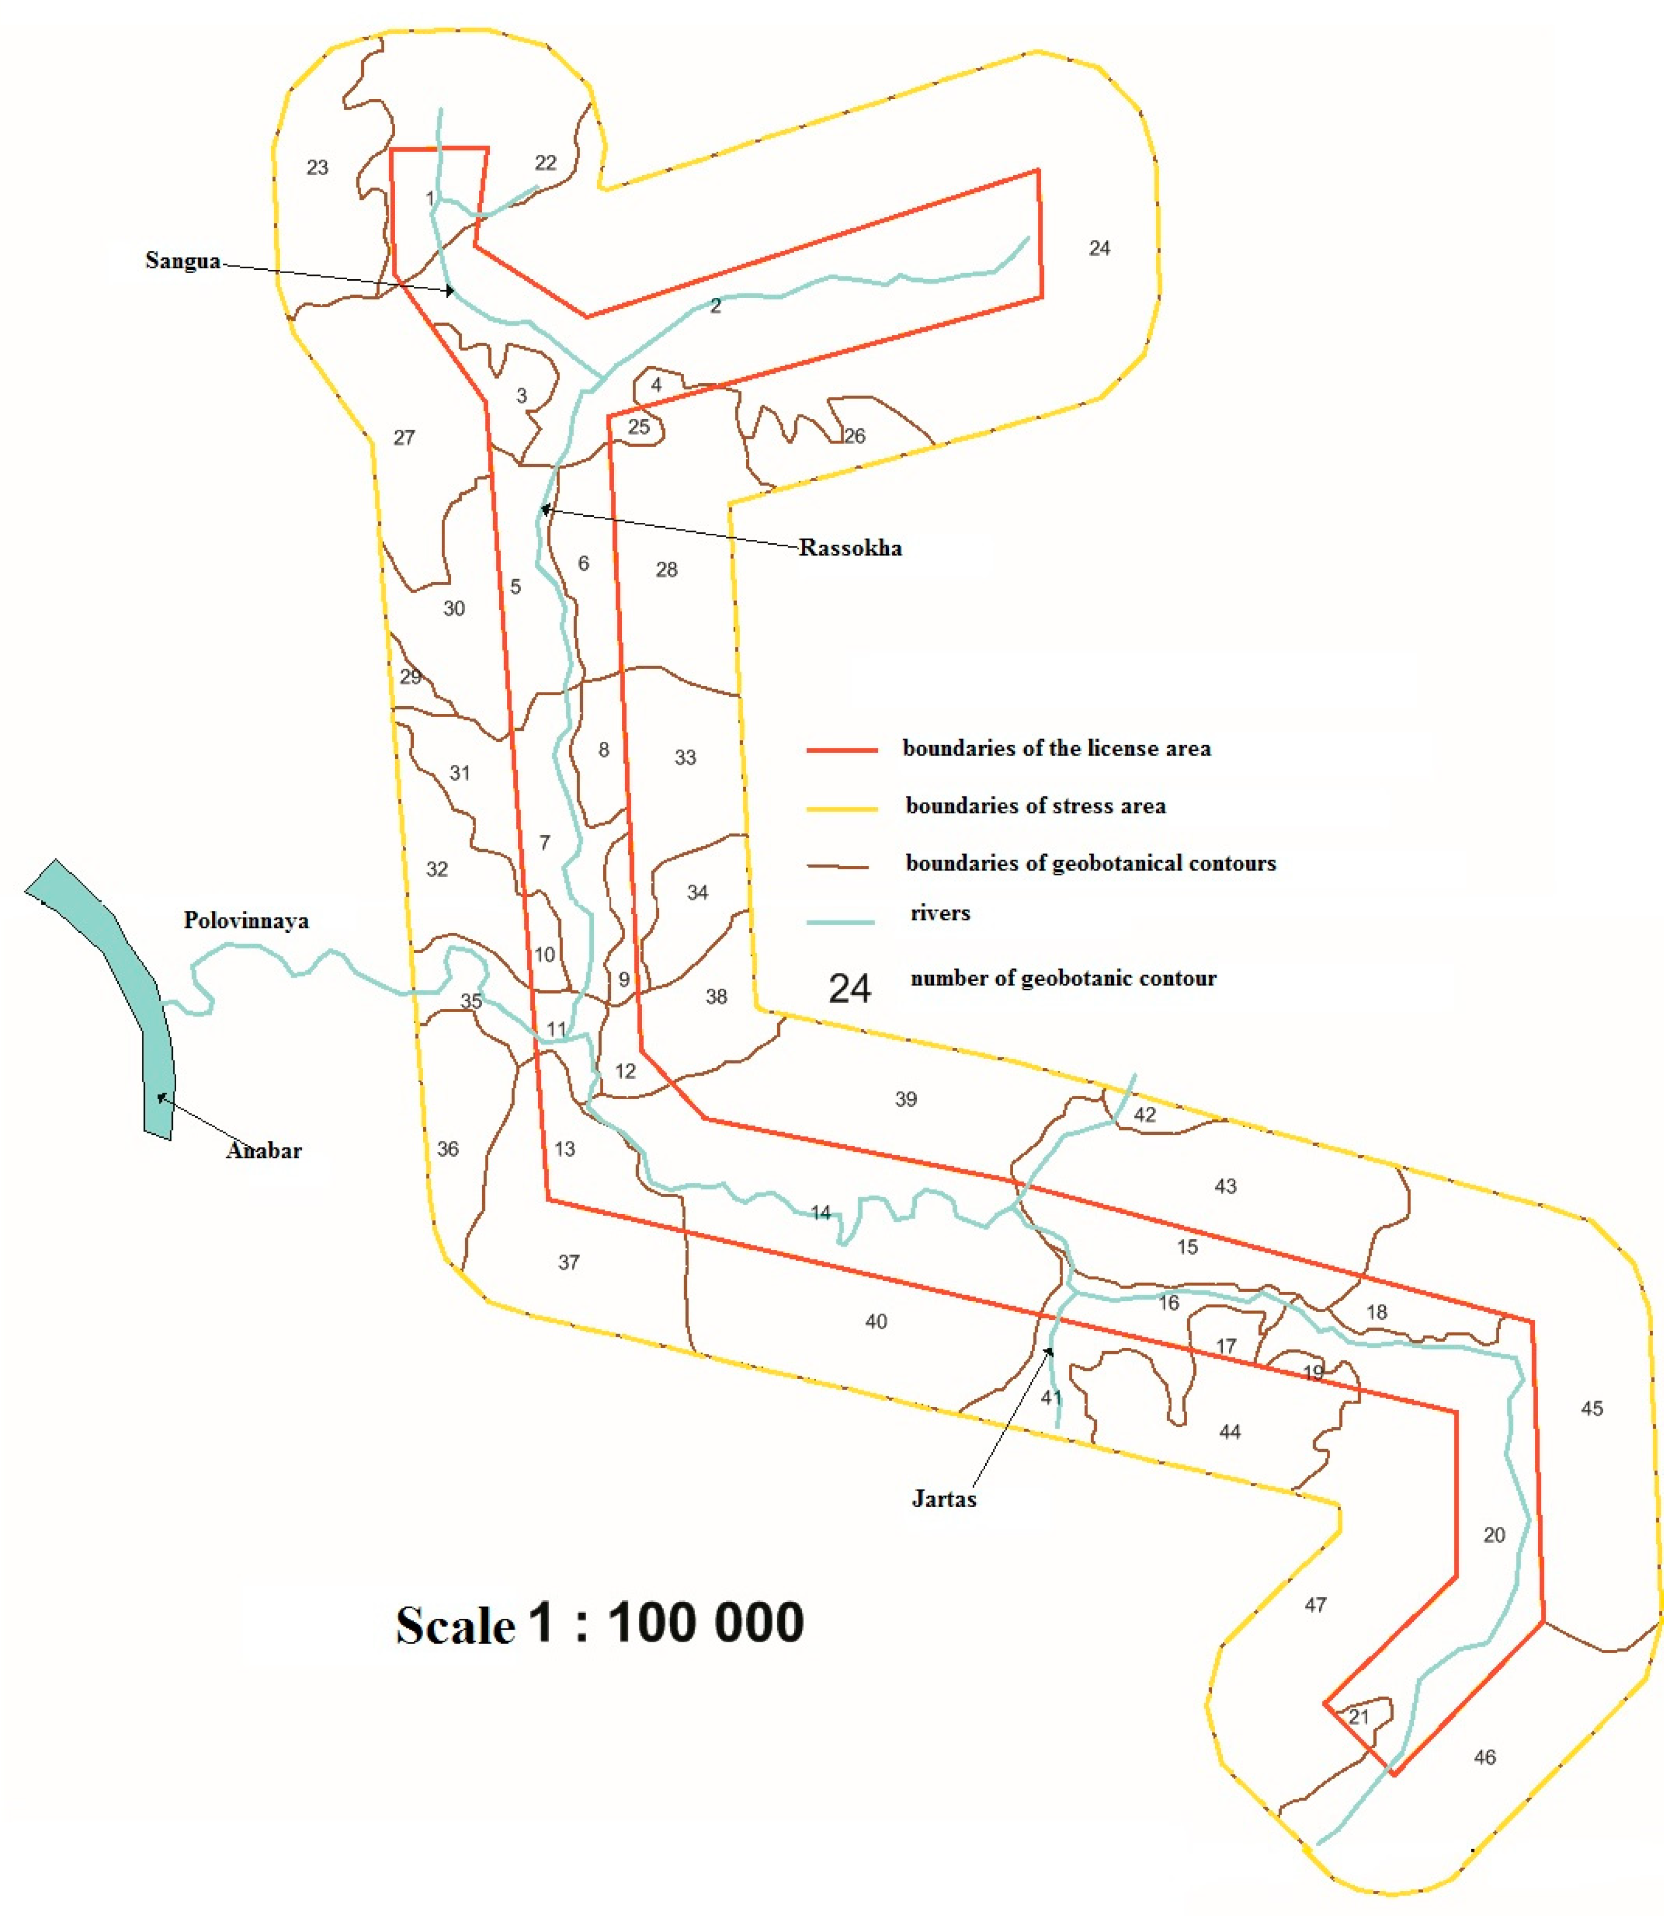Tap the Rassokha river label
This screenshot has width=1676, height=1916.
849,547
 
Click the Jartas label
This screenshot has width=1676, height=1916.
944,1499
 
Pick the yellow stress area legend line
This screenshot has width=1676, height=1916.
842,807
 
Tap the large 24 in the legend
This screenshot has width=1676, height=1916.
849,988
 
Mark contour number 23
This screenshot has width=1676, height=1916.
317,168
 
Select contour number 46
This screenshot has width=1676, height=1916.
1484,1757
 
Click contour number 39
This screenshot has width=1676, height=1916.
905,1099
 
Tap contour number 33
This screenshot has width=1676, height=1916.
685,757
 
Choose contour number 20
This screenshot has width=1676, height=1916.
1494,1534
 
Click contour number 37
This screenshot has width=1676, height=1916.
569,1262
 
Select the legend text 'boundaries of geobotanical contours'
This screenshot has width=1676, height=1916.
1090,863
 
